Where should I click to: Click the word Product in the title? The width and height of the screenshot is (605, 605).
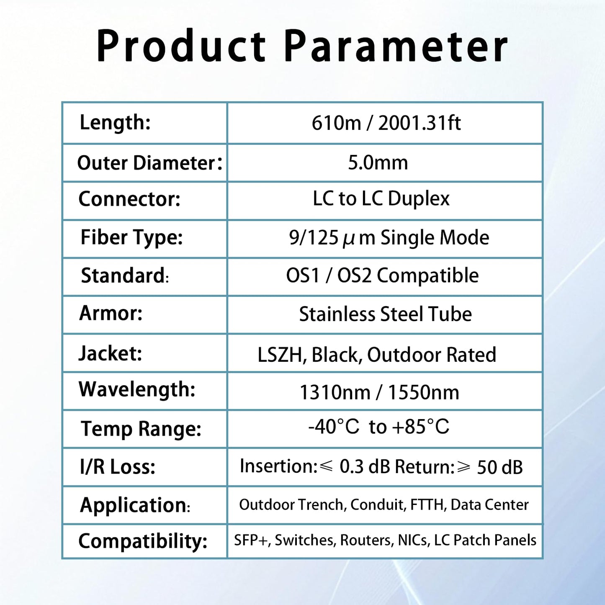pyautogui.click(x=181, y=46)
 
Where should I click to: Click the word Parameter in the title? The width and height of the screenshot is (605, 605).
pyautogui.click(x=396, y=46)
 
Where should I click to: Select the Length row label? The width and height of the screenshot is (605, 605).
pyautogui.click(x=115, y=123)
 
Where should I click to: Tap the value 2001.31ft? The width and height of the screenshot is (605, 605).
pyautogui.click(x=419, y=123)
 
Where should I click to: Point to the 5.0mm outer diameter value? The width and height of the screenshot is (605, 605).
pyautogui.click(x=378, y=162)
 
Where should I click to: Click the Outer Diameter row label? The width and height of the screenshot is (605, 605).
pyautogui.click(x=149, y=163)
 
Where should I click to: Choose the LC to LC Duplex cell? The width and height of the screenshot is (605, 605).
pyautogui.click(x=381, y=198)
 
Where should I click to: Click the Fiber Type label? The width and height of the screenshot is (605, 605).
pyautogui.click(x=131, y=237)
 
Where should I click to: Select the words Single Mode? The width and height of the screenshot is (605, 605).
pyautogui.click(x=435, y=238)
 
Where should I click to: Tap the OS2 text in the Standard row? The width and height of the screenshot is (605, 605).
pyautogui.click(x=354, y=275)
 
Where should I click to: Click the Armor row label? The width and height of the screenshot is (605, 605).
pyautogui.click(x=111, y=313)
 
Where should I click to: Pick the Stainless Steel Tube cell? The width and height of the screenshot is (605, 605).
pyautogui.click(x=385, y=314)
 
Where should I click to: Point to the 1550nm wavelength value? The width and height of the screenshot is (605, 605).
pyautogui.click(x=423, y=393)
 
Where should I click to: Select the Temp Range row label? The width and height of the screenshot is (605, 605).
pyautogui.click(x=141, y=429)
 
